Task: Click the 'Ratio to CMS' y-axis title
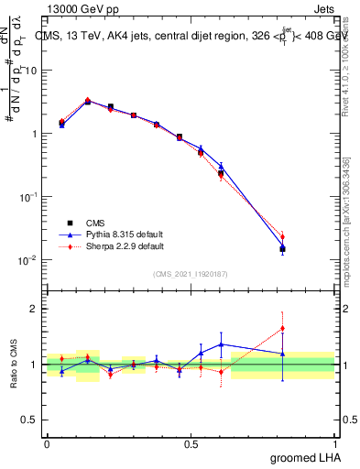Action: click(x=16, y=364)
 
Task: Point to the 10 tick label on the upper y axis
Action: click(x=31, y=71)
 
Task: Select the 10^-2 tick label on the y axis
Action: click(x=27, y=260)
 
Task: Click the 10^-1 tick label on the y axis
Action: click(x=27, y=197)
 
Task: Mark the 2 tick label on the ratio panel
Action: click(x=36, y=309)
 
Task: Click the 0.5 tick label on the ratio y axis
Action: click(x=31, y=420)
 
